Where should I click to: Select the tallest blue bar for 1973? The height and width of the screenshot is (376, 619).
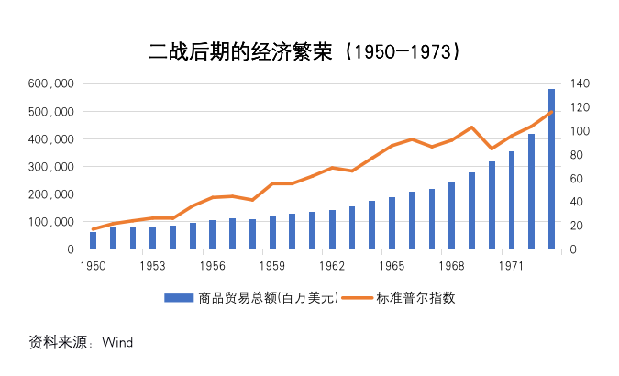click(551, 170)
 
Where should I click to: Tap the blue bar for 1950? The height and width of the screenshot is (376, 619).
click(93, 240)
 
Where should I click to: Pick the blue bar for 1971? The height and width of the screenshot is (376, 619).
click(512, 200)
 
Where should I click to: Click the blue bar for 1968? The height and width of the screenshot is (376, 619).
click(451, 216)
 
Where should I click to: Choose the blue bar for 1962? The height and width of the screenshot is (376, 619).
click(332, 229)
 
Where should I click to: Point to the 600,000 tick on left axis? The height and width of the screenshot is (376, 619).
click(53, 84)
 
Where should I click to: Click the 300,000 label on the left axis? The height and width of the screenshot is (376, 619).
click(53, 167)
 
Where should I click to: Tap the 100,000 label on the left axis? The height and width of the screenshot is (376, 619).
click(53, 222)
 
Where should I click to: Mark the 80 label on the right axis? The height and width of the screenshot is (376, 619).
click(579, 155)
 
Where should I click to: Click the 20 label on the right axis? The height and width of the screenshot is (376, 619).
click(579, 226)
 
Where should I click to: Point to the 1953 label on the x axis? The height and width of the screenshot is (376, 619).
click(152, 265)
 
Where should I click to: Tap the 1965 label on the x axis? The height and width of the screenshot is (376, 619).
click(392, 265)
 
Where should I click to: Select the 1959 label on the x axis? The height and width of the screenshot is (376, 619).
click(272, 265)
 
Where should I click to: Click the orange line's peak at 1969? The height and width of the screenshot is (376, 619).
click(471, 127)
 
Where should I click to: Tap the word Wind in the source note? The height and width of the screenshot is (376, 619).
click(117, 343)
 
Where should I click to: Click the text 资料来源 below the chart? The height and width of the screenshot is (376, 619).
click(56, 343)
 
